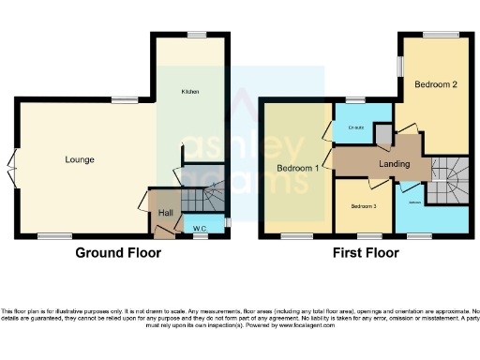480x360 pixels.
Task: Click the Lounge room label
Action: pyautogui.click(x=79, y=160)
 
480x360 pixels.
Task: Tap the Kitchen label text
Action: pyautogui.click(x=190, y=92)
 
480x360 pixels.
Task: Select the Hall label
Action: pyautogui.click(x=165, y=214)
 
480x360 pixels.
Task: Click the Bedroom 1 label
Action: pyautogui.click(x=297, y=169)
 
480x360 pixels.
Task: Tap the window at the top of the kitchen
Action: pyautogui.click(x=196, y=35)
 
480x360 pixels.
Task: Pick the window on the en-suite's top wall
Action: pyautogui.click(x=354, y=100)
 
